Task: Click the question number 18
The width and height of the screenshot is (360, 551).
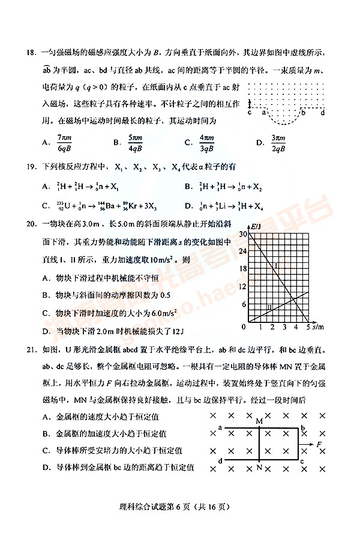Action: pos(33,52)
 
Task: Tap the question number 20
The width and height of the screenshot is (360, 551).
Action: pos(33,224)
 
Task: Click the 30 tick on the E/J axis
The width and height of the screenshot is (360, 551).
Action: pos(242,234)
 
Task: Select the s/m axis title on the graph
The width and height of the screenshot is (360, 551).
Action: pos(318,327)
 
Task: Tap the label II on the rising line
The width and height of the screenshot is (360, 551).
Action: pos(270,308)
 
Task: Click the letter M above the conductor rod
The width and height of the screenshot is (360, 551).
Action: pos(259,421)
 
